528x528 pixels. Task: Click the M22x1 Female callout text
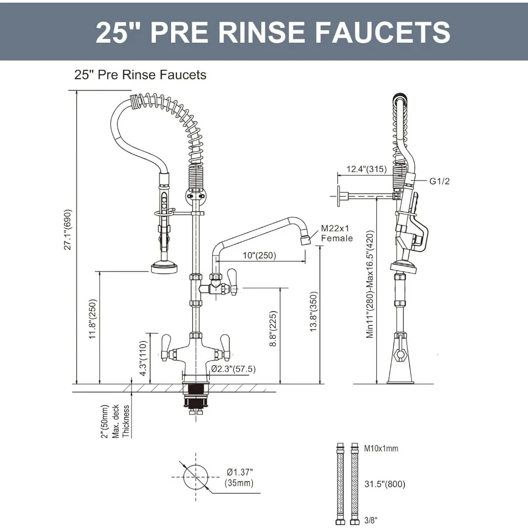336,234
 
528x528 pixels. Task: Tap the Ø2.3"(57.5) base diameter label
233,369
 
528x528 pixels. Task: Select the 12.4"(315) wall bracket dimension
366,169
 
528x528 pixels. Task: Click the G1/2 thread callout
439,181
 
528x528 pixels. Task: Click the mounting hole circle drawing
196,477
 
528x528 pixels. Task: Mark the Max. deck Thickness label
116,421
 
